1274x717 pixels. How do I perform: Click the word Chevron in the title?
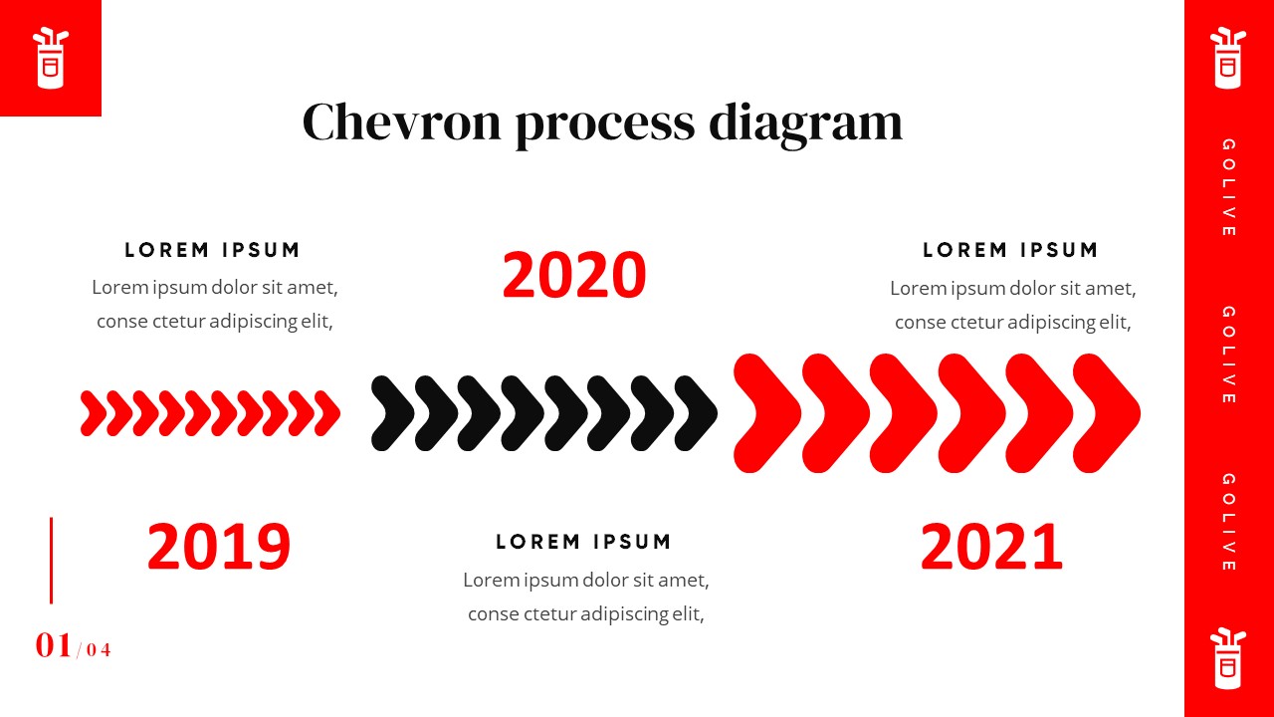[401, 121]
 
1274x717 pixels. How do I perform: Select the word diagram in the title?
[806, 124]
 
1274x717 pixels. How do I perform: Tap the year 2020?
[574, 276]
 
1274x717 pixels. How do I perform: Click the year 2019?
[219, 547]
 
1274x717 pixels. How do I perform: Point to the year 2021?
[991, 547]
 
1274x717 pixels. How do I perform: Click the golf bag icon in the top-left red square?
[51, 58]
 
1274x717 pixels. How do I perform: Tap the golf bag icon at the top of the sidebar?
[1228, 58]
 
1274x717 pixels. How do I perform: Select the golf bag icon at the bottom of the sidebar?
[1228, 658]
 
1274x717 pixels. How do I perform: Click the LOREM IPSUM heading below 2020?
[583, 542]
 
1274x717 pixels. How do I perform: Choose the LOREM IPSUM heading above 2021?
[1010, 250]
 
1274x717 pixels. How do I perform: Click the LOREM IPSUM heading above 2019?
[212, 250]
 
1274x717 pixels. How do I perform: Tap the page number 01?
[54, 645]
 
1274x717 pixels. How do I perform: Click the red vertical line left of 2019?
[51, 561]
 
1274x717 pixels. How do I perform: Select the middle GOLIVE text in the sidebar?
[1228, 355]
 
